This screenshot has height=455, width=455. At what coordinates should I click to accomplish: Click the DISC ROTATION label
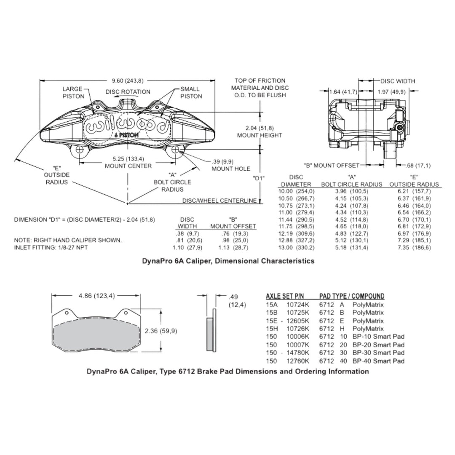pyautogui.click(x=128, y=92)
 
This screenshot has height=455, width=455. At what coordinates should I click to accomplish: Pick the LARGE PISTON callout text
pyautogui.click(x=73, y=93)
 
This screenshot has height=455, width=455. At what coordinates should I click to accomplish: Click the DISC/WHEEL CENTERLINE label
pyautogui.click(x=219, y=201)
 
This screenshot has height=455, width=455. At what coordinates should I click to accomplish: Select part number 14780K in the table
pyautogui.click(x=298, y=353)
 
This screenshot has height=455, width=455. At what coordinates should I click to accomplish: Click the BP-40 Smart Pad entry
pyautogui.click(x=378, y=361)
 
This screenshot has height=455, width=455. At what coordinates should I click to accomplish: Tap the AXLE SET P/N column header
pyautogui.click(x=285, y=296)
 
